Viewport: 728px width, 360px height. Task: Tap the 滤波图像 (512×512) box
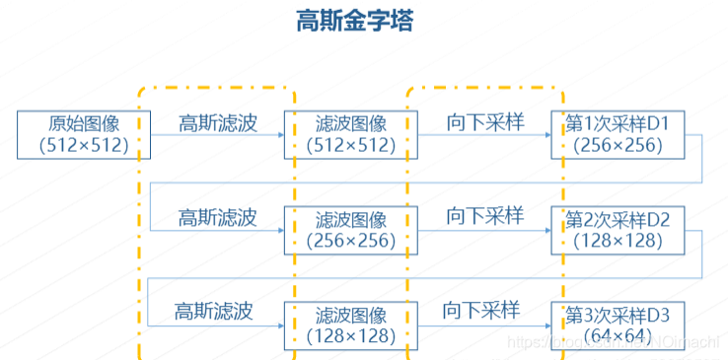351,135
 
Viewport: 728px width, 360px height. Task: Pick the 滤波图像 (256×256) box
351,230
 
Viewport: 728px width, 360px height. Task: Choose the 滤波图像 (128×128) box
351,326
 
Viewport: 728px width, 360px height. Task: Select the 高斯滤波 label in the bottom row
214,312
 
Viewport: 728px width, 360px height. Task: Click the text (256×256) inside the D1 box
618,146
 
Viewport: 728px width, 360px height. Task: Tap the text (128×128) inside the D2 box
618,242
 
